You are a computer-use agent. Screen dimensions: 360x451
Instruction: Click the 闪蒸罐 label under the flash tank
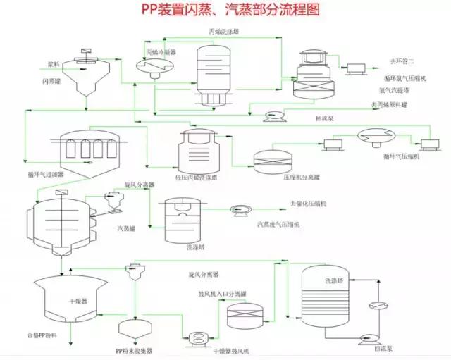(51, 82)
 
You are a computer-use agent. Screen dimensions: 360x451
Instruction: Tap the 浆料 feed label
(53, 63)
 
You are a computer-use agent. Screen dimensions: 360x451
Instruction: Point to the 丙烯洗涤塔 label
(223, 32)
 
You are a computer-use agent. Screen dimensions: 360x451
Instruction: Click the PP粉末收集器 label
(134, 350)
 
